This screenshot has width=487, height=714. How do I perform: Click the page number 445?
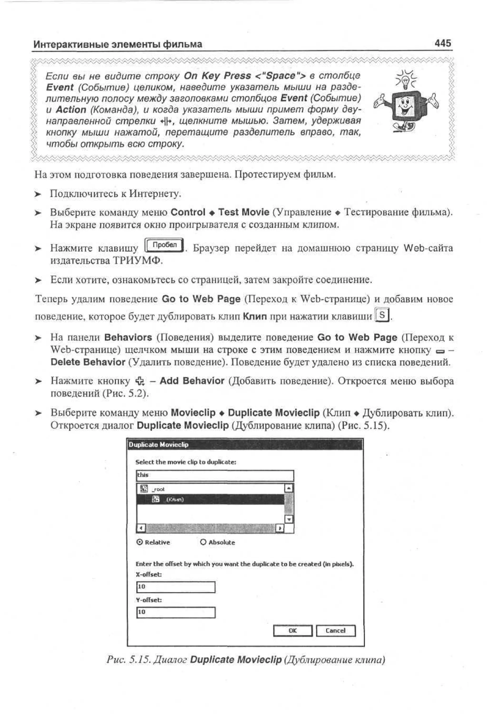443,43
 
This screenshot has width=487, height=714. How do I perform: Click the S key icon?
382,315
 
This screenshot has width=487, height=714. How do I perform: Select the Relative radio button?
139,542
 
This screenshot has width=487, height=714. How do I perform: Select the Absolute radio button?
203,542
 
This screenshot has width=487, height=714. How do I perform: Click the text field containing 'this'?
215,475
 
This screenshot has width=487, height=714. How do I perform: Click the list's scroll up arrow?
289,488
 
